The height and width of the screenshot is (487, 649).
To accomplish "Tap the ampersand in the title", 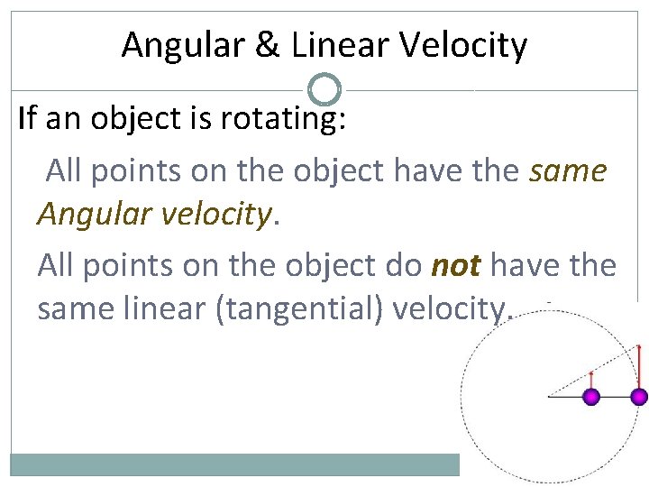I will click(268, 45).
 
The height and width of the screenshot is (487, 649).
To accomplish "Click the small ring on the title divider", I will click(324, 90).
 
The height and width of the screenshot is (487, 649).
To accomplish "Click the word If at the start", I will click(28, 120).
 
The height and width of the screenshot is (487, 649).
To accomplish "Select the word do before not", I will click(403, 264).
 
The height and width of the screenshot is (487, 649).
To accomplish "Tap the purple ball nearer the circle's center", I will click(591, 397).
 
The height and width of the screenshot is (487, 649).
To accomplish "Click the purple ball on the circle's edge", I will click(639, 397).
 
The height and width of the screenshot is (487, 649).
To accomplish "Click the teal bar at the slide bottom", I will click(234, 464).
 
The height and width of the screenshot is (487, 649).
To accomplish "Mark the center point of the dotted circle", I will click(549, 396).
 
